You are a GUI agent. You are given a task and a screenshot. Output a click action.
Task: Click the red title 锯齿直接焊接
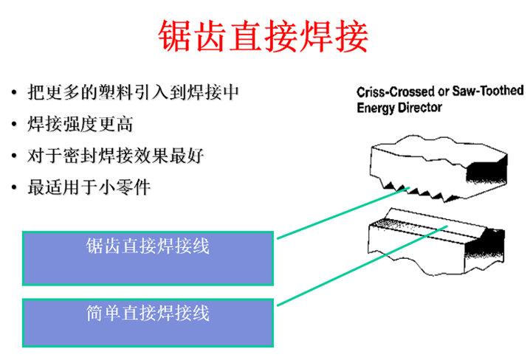point(264,36)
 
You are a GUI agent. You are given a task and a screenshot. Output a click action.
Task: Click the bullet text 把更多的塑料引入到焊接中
point(133,92)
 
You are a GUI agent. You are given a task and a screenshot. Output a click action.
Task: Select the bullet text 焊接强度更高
point(80,124)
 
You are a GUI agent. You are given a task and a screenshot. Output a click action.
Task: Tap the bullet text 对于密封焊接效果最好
point(116,156)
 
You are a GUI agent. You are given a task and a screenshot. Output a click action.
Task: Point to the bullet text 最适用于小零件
point(89,187)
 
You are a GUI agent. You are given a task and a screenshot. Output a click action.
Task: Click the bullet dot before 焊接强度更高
point(14,124)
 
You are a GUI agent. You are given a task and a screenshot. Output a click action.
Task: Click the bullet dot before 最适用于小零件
point(14,187)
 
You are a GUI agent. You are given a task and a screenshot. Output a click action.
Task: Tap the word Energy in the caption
point(376,108)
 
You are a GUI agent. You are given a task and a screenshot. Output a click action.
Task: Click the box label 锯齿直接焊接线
point(148,246)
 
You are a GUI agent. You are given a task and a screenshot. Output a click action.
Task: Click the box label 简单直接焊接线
point(148,313)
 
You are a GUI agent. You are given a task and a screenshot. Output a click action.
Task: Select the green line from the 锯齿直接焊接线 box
point(343,213)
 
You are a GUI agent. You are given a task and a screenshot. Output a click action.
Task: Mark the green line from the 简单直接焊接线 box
point(362,266)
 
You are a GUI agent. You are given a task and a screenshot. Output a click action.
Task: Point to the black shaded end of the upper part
point(486,170)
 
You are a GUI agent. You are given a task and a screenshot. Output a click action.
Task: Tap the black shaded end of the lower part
point(485,246)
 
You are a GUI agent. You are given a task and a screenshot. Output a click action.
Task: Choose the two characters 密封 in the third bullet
point(80,156)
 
